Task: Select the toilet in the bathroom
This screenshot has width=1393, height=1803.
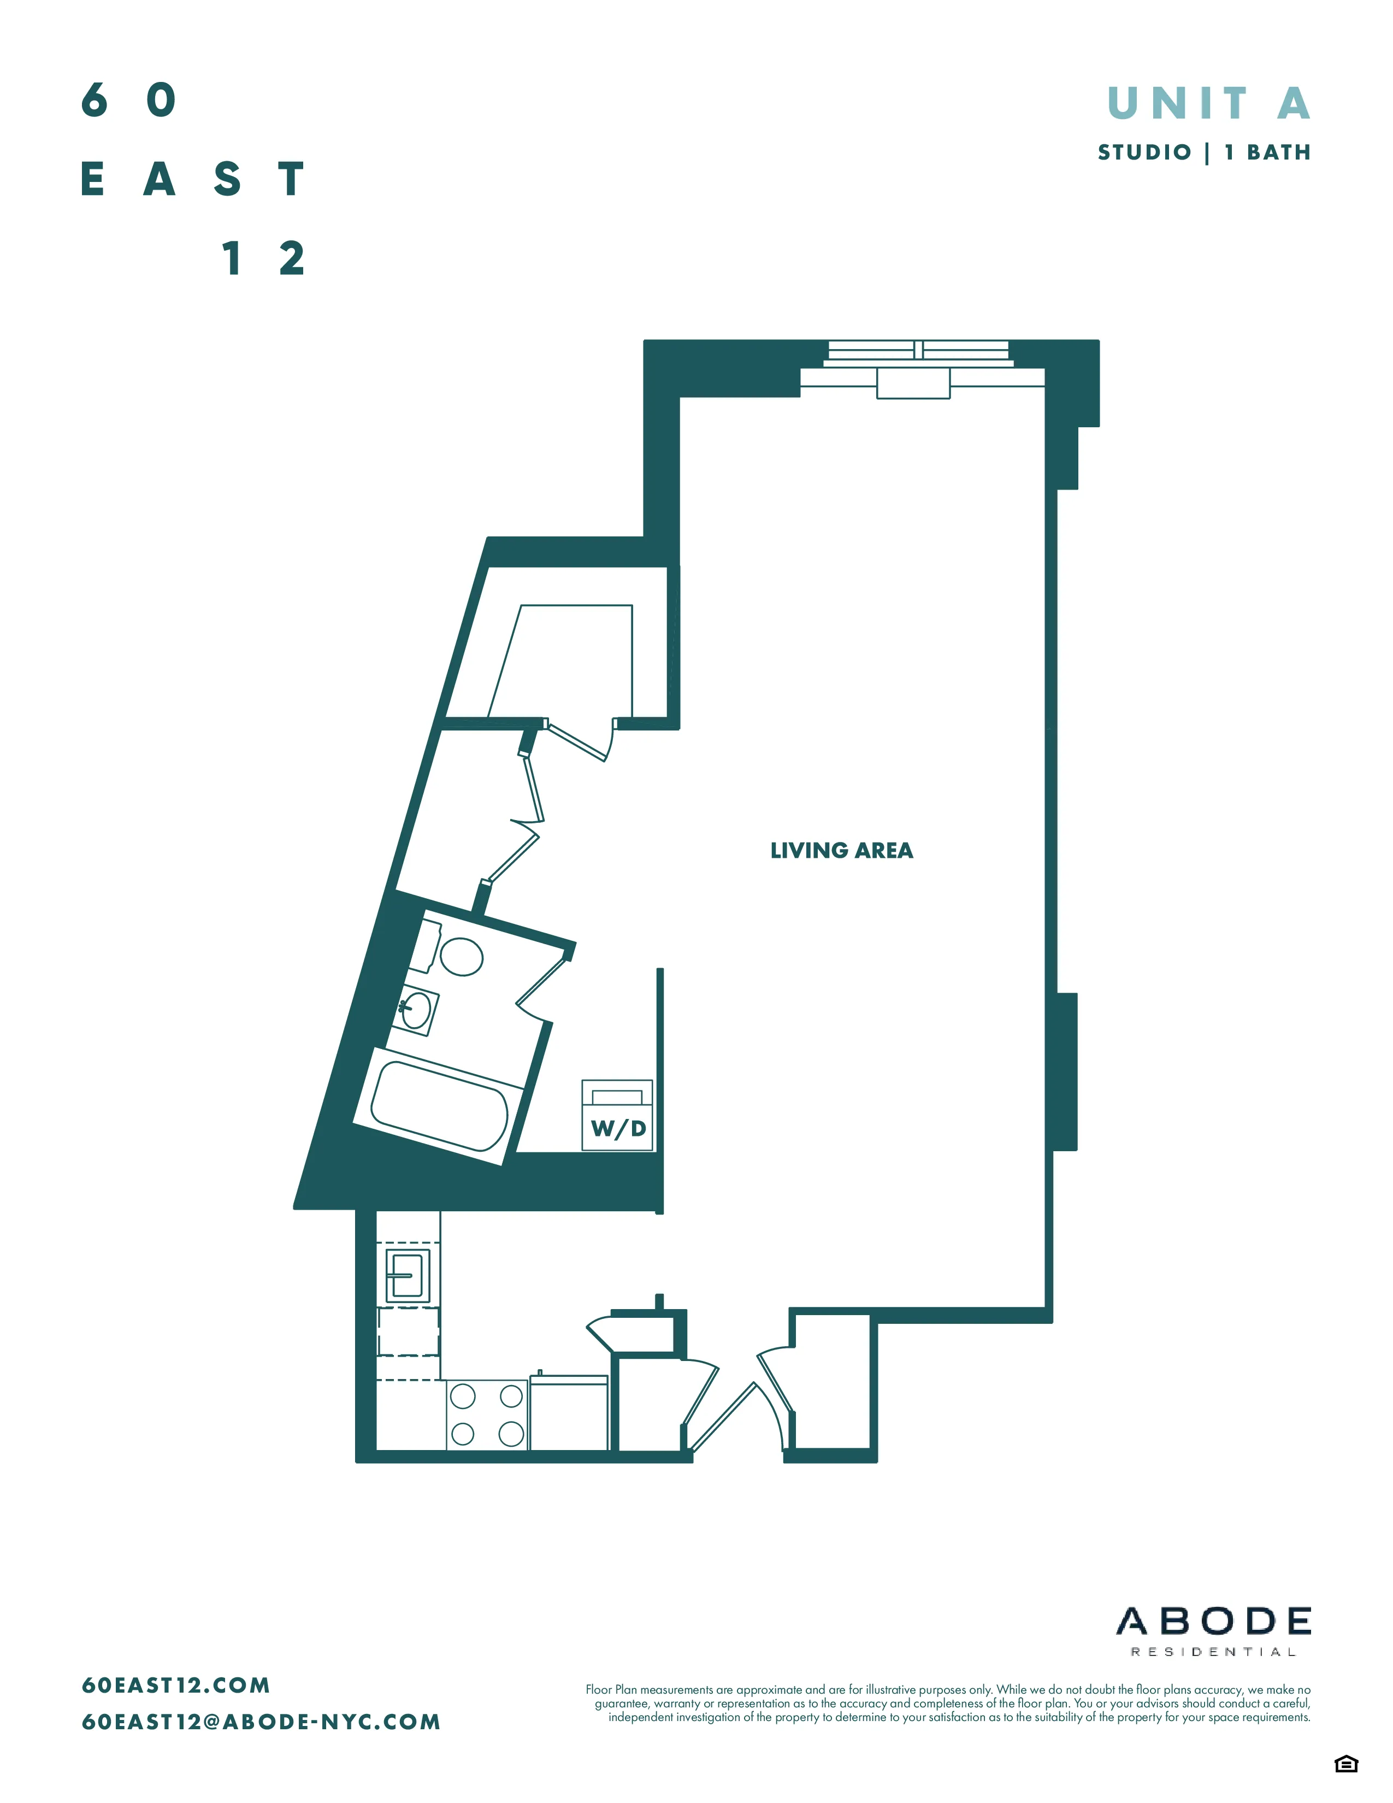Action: click(461, 957)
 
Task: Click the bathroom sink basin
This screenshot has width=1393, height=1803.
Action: click(416, 1010)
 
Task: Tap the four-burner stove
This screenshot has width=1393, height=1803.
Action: click(487, 1415)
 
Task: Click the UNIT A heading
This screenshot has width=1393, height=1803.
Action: click(1208, 104)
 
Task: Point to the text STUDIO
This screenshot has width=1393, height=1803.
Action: click(1144, 153)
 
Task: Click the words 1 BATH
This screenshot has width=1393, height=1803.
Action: click(1267, 153)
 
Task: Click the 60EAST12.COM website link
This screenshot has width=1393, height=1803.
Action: click(176, 1685)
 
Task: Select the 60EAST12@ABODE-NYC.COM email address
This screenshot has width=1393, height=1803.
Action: click(261, 1722)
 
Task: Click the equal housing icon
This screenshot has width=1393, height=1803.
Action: click(1346, 1764)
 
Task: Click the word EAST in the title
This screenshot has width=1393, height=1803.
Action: click(193, 179)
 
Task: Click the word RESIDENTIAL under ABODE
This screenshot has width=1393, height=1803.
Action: click(1213, 1652)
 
